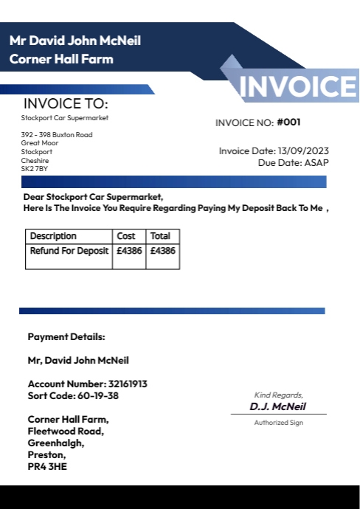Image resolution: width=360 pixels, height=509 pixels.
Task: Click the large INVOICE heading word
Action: point(299,86)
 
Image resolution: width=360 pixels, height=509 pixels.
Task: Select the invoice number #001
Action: point(288,122)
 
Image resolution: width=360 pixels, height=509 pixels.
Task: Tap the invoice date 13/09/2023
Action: point(304,151)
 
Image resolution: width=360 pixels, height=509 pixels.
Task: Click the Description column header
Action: point(53,236)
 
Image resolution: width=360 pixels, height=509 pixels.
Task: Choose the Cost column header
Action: point(126,236)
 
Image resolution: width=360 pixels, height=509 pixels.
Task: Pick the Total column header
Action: point(160,236)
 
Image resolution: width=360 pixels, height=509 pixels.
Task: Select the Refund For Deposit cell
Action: point(69,251)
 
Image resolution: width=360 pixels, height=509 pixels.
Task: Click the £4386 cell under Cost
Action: point(128,251)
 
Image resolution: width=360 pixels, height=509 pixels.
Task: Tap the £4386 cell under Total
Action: point(162,251)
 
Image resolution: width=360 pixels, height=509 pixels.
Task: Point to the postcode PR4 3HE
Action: point(47,466)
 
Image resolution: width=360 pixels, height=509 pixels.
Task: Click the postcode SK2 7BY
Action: point(35,168)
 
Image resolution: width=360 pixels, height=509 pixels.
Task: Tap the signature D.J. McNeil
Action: point(277,406)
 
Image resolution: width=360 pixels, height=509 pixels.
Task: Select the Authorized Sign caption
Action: point(278,423)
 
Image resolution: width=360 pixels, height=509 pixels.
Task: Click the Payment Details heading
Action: point(66,337)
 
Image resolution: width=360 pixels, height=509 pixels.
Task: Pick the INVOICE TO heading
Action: point(66,104)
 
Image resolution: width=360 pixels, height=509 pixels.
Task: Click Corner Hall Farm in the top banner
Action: point(61,58)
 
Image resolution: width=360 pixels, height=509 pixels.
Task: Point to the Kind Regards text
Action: point(278,395)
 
